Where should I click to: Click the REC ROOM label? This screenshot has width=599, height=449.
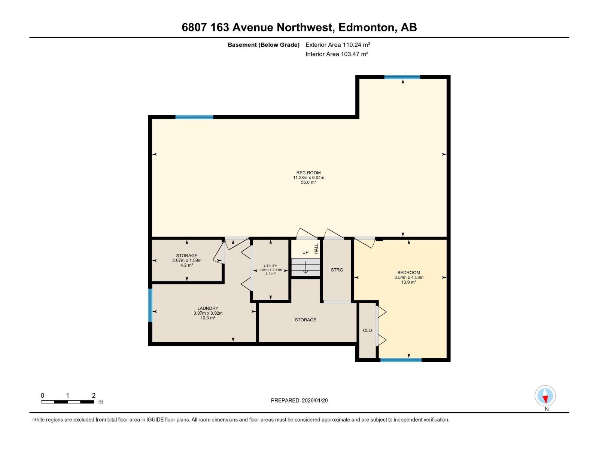click(x=308, y=173)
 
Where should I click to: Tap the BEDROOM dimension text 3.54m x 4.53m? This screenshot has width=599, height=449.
click(x=409, y=278)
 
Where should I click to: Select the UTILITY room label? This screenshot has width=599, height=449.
click(x=270, y=266)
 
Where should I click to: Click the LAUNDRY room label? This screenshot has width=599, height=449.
click(x=208, y=308)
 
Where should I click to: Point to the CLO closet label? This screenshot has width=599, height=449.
click(x=367, y=330)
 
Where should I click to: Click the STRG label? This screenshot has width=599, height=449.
click(x=337, y=270)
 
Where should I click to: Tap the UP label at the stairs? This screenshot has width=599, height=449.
click(x=305, y=252)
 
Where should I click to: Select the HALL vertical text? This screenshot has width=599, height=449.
click(x=316, y=249)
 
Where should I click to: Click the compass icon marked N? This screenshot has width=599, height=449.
click(x=545, y=396)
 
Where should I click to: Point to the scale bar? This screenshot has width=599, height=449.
click(x=68, y=402)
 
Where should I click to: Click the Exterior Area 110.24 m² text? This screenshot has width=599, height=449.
click(x=338, y=45)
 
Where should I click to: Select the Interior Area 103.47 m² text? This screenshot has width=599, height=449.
click(x=337, y=54)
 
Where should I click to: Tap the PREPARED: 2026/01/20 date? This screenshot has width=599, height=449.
click(x=299, y=400)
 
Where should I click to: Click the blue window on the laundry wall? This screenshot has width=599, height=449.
click(x=150, y=305)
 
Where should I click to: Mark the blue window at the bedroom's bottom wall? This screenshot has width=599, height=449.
click(x=401, y=360)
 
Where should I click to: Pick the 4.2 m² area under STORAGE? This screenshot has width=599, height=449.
click(x=187, y=265)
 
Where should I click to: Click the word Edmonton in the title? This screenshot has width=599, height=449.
click(x=367, y=27)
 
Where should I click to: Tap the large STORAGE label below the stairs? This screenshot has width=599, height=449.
click(x=305, y=320)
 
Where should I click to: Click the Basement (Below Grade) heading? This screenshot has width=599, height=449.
click(x=264, y=45)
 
